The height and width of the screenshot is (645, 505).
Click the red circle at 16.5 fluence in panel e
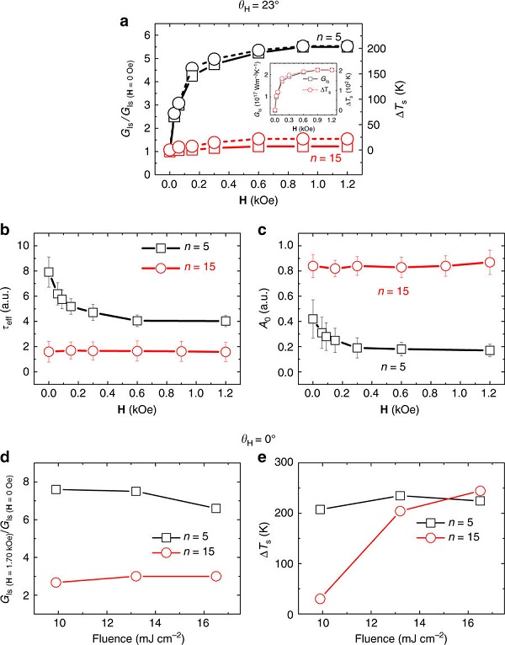point(480,491)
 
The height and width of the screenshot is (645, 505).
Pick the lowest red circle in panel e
point(321,599)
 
